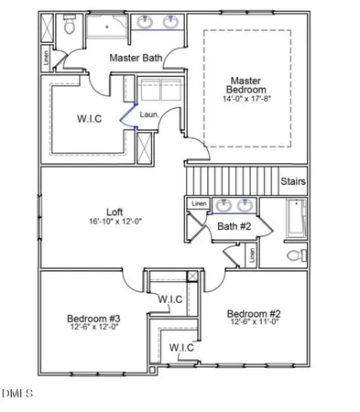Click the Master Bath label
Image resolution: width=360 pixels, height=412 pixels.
click(x=136, y=58)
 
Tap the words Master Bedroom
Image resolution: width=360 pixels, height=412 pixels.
click(x=246, y=85)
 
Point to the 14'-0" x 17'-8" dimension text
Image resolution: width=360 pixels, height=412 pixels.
click(x=246, y=99)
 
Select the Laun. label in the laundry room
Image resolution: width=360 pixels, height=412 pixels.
click(x=150, y=114)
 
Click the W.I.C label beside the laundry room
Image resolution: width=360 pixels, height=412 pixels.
click(x=89, y=120)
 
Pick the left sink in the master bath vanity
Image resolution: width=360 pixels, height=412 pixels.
click(x=147, y=22)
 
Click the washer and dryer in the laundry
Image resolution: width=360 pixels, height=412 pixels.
click(x=159, y=93)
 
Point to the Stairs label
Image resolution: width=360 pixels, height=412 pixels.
click(x=293, y=181)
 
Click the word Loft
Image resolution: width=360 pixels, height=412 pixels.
click(x=115, y=210)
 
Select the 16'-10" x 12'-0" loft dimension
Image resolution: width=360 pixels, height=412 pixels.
click(x=115, y=222)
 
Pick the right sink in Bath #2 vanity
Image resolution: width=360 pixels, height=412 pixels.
click(x=245, y=205)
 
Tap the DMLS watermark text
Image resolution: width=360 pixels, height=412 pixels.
click(x=16, y=395)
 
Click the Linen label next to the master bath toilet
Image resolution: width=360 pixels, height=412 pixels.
click(x=46, y=57)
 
